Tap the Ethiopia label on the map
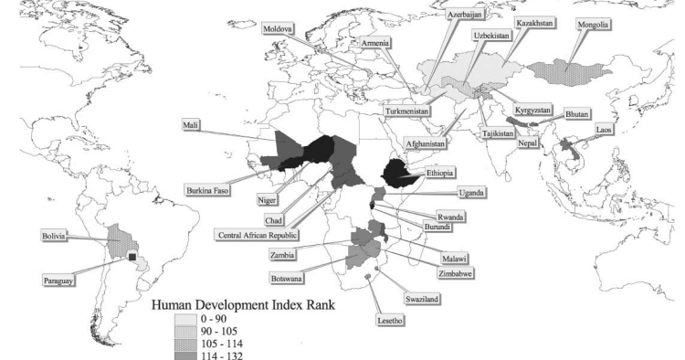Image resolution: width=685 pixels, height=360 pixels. pyautogui.click(x=437, y=173)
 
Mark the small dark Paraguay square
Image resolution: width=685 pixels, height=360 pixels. pyautogui.click(x=132, y=258)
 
